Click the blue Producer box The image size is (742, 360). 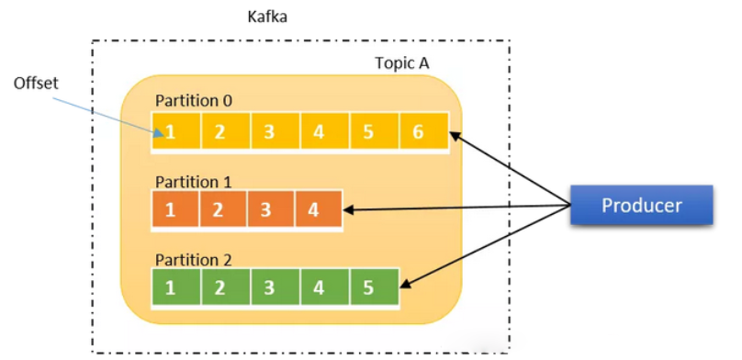(641, 205)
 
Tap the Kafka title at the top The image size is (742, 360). (267, 17)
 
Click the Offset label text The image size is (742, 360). (36, 83)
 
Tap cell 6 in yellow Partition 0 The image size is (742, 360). (418, 131)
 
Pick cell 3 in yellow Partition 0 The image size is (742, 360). (269, 131)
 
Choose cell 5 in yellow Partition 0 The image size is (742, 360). (368, 131)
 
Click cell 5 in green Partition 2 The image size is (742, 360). (368, 287)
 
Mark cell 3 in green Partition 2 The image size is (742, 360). (269, 287)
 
